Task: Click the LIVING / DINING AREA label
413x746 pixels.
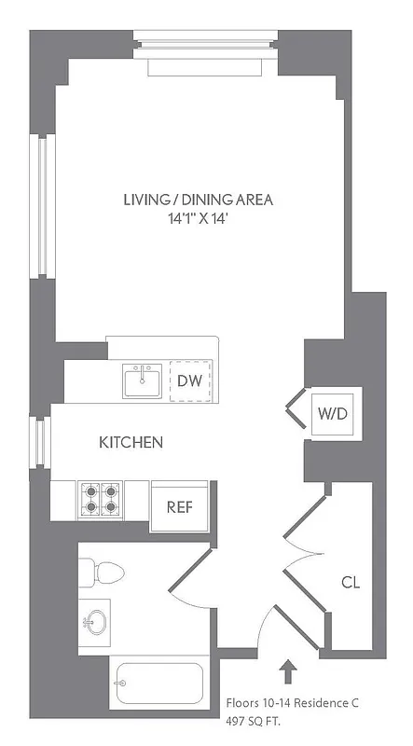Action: [202, 200]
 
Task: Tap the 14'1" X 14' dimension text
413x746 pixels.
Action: [202, 222]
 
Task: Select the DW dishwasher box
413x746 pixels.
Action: [189, 381]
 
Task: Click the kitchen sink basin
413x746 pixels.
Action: [143, 380]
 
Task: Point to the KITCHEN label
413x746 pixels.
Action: [131, 442]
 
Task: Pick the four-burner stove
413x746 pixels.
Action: [100, 499]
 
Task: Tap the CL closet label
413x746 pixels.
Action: [350, 583]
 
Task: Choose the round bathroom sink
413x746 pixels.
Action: [96, 621]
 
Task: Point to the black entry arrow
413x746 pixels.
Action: [286, 671]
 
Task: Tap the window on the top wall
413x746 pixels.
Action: [206, 42]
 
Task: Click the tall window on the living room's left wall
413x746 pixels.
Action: [40, 206]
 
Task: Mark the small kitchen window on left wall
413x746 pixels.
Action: [40, 442]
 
